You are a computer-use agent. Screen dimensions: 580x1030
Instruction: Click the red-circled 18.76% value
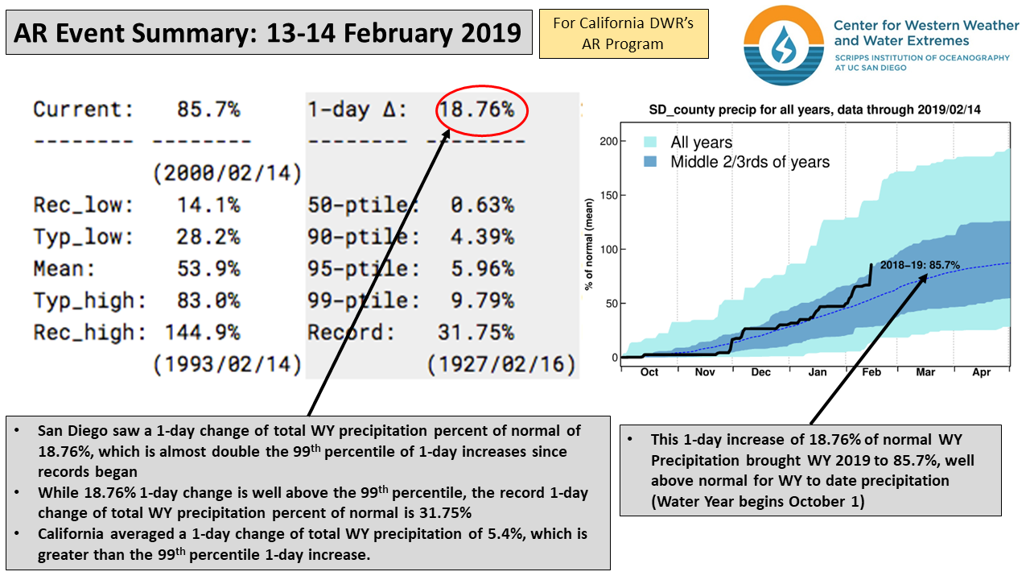(480, 109)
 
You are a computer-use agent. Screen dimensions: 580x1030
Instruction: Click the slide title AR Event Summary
(269, 32)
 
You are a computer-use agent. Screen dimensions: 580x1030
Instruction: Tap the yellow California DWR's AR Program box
(624, 34)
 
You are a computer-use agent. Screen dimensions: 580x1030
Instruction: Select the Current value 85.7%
(208, 109)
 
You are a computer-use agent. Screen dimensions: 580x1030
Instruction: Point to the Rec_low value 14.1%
(208, 205)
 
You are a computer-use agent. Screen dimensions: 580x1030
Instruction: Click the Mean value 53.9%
(208, 268)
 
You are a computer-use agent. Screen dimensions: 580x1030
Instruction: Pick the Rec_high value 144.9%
(202, 332)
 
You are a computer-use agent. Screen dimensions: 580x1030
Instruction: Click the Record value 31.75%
(475, 332)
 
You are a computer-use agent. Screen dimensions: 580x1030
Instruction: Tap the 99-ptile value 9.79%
(481, 300)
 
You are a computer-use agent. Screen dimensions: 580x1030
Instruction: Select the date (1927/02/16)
(501, 365)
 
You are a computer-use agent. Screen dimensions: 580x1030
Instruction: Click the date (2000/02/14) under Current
(227, 172)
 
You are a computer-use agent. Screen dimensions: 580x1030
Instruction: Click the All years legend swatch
(652, 143)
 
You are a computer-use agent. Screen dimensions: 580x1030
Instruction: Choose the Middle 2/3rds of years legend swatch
(652, 162)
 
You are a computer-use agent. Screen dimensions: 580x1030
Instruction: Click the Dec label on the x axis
(760, 372)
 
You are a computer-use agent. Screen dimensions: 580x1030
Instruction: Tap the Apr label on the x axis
(982, 372)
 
